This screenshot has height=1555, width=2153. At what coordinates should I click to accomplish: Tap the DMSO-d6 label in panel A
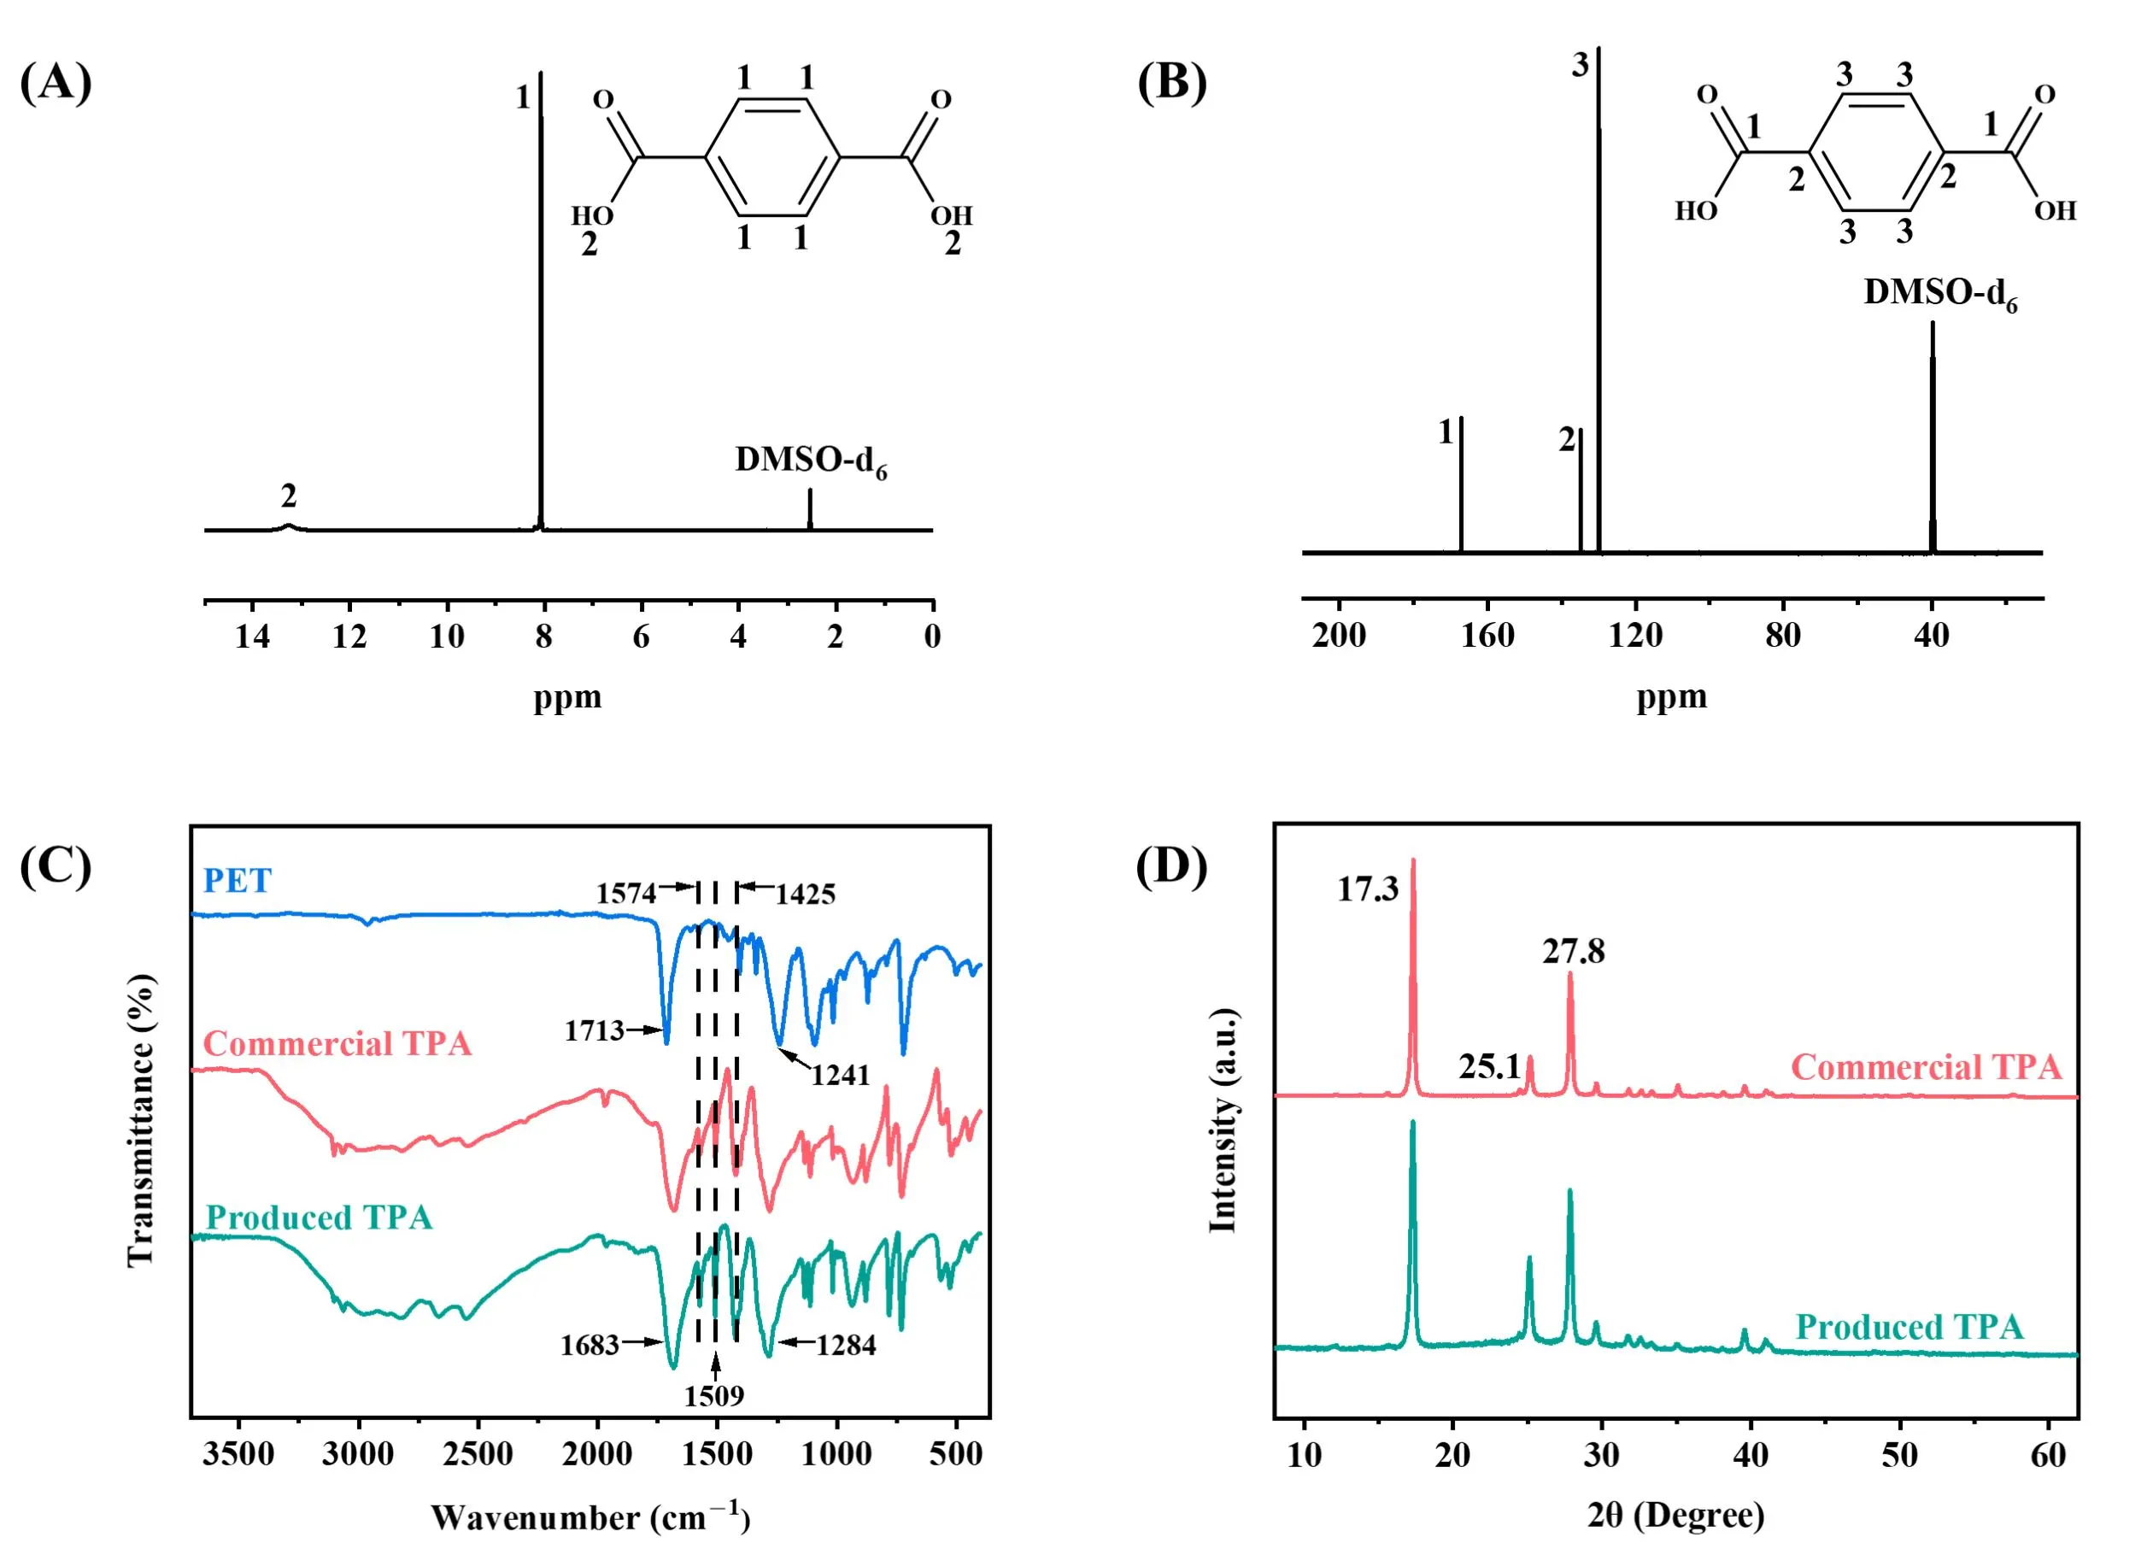(811, 461)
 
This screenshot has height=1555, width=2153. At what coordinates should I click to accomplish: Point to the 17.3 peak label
(1367, 889)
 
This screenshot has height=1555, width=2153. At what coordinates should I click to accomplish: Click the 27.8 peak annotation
(1573, 951)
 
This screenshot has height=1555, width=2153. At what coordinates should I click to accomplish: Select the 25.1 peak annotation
(1489, 1066)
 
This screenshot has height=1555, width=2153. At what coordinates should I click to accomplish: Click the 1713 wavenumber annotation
(595, 1030)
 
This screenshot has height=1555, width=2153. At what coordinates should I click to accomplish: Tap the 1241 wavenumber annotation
(840, 1075)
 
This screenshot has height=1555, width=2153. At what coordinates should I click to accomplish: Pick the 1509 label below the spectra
(714, 1395)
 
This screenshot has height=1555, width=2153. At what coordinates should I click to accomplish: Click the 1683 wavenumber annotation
(590, 1345)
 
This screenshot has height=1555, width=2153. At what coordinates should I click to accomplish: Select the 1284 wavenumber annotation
(846, 1345)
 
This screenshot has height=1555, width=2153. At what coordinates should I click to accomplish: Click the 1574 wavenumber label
(625, 894)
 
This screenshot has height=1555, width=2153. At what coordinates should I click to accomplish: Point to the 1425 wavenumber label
(805, 895)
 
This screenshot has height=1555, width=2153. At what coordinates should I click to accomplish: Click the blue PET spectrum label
(238, 881)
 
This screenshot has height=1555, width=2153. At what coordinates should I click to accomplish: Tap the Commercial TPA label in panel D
(1926, 1067)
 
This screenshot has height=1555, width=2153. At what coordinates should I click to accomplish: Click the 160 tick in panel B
(1487, 635)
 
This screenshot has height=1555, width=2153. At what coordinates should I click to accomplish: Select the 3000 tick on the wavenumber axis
(358, 1454)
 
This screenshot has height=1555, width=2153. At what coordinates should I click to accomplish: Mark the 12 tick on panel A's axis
(349, 636)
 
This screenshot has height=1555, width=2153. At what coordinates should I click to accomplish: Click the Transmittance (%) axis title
(140, 1119)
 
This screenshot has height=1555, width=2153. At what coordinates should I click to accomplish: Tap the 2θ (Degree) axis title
(1675, 1515)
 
